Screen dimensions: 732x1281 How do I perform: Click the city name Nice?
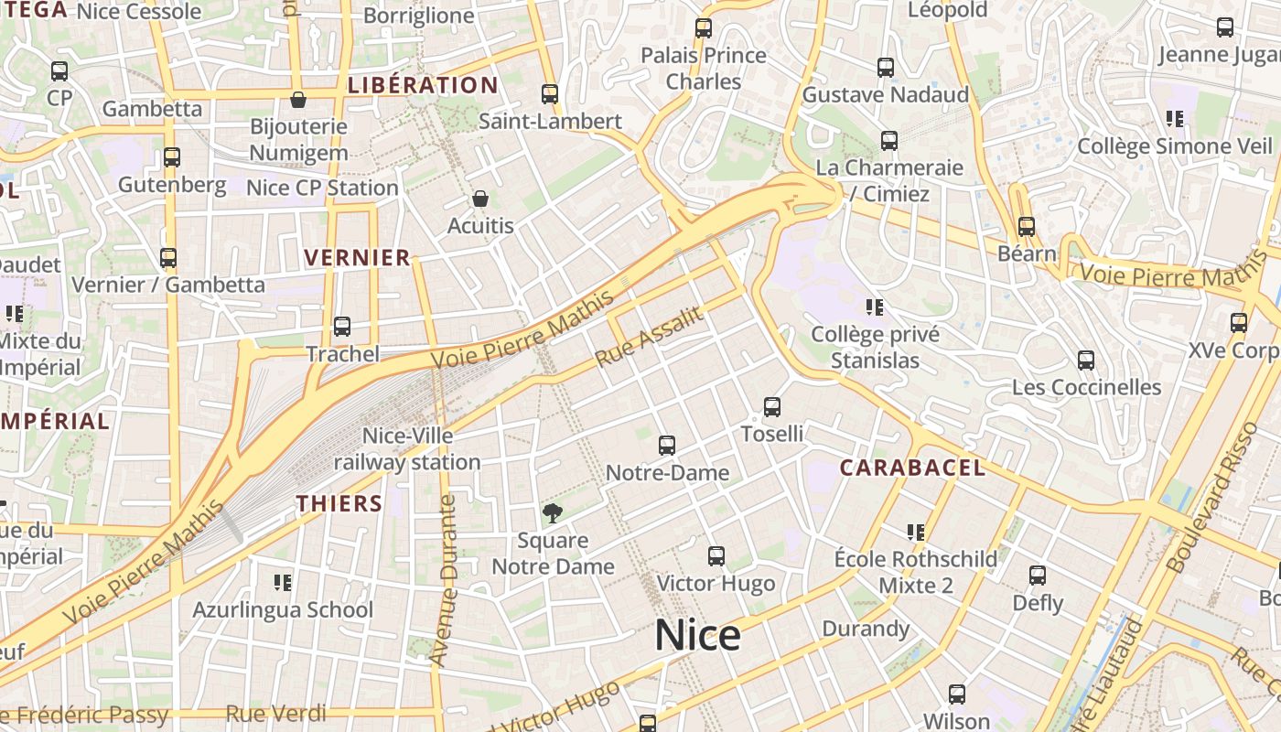[697, 635]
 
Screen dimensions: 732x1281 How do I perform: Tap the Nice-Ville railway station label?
[407, 449]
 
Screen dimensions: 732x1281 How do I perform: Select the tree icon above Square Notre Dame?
[553, 513]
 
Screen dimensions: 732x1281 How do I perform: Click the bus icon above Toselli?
[772, 407]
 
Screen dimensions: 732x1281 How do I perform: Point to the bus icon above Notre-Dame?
[667, 446]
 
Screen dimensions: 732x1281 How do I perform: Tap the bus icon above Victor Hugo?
[716, 555]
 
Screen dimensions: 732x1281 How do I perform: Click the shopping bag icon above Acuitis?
[480, 199]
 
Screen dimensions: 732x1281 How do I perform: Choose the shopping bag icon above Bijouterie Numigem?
[298, 100]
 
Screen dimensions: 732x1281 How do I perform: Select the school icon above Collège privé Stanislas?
[875, 307]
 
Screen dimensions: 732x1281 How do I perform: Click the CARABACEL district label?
[912, 468]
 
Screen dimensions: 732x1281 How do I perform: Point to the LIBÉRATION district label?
[423, 86]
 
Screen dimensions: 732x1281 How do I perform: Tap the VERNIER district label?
[358, 258]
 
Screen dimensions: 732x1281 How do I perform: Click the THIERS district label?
[339, 503]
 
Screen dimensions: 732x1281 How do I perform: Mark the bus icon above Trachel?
[342, 327]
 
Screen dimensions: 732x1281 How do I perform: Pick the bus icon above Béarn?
[1027, 227]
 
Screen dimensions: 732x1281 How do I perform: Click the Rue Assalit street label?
[650, 338]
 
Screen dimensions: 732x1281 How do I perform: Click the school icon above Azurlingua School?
[283, 582]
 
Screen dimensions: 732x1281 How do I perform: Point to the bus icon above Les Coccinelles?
[1086, 361]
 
